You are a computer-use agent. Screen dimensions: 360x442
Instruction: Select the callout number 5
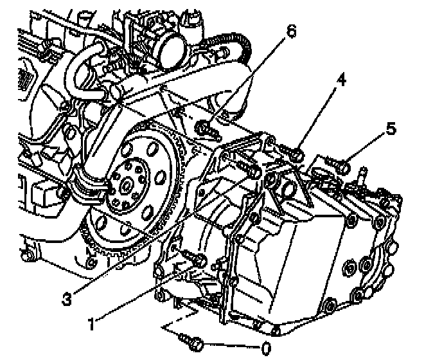pyautogui.click(x=390, y=129)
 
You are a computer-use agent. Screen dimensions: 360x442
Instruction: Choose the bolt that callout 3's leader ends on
pyautogui.click(x=252, y=172)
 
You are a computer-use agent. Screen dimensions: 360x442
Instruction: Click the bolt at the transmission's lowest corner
pyautogui.click(x=275, y=331)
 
